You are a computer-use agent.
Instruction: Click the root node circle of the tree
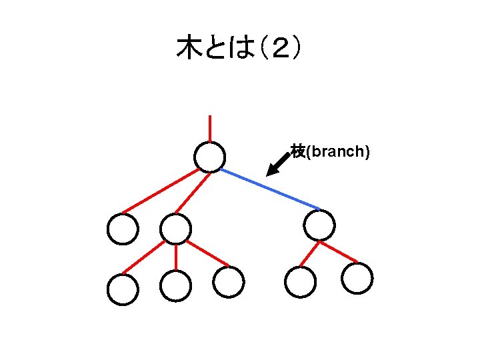(209, 157)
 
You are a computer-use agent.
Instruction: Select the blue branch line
(269, 189)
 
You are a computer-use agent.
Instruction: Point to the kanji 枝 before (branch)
(298, 151)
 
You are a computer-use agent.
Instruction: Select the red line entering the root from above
(210, 128)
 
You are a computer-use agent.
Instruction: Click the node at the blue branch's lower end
(319, 225)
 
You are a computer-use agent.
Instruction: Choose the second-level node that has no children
(123, 229)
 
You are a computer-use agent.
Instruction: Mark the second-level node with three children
(175, 229)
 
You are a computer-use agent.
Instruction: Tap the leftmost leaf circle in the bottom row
(123, 289)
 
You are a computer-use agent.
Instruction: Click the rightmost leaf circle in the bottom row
(357, 278)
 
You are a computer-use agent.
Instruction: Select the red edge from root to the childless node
(160, 191)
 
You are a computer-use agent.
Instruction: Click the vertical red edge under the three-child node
(175, 257)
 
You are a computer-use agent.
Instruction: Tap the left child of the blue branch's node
(300, 281)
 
